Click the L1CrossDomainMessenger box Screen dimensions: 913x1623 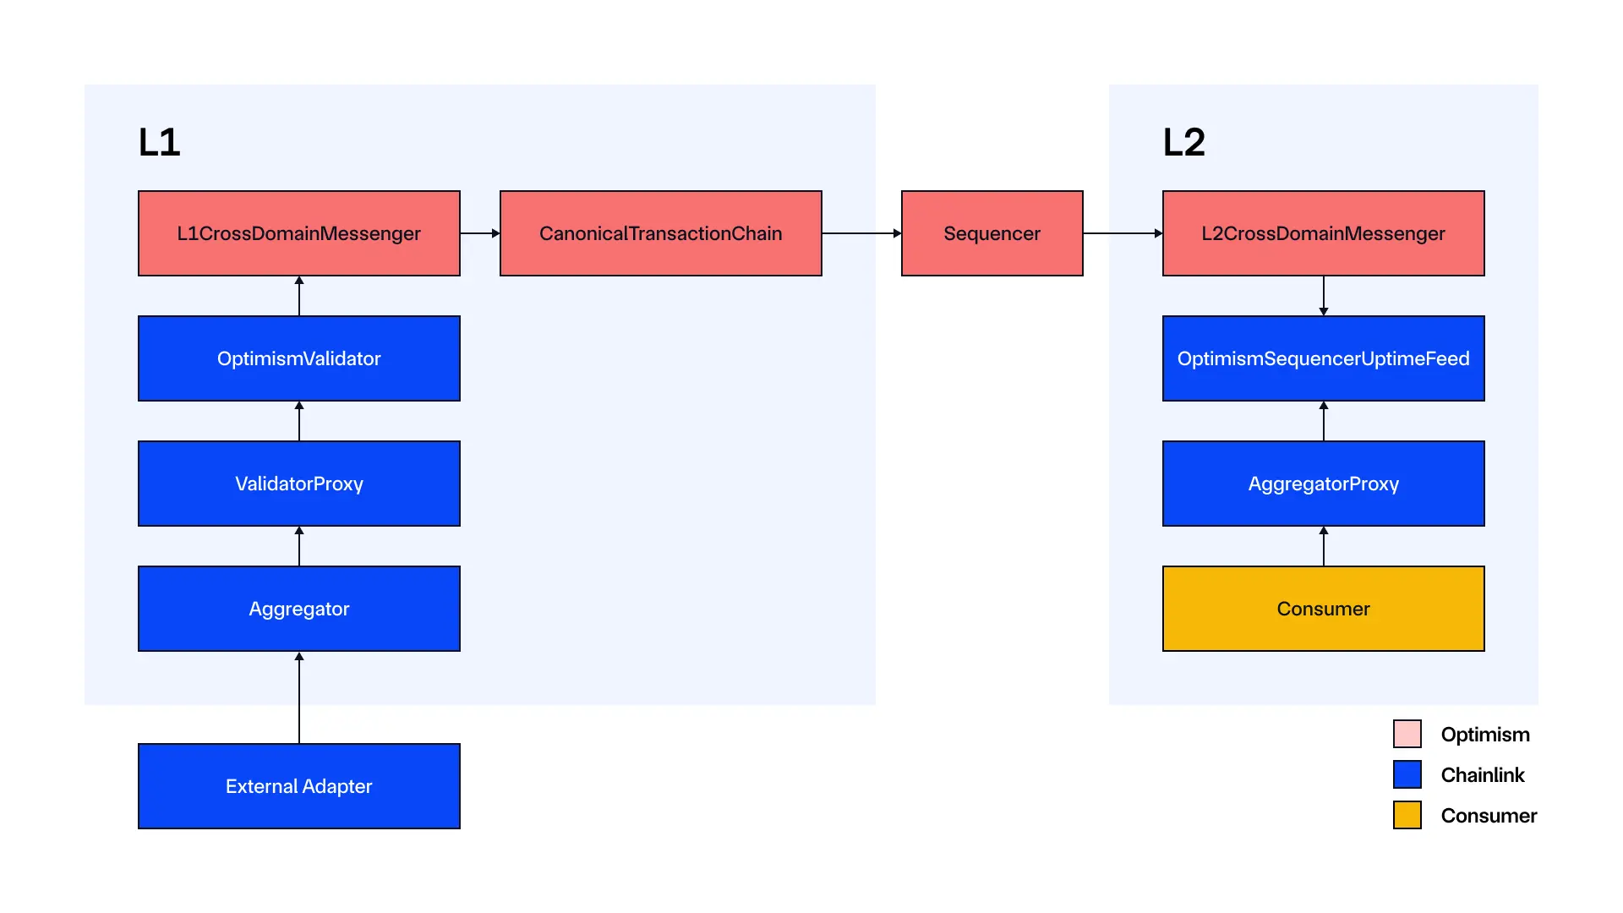299,233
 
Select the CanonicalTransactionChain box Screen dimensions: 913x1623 660,233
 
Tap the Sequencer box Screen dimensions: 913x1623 992,233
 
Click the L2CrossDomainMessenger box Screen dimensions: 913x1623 1323,233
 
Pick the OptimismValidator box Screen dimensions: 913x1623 299,358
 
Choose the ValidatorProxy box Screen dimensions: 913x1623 299,484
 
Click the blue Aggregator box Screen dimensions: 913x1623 299,609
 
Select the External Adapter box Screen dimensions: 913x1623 299,786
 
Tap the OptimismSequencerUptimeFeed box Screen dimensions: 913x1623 1323,358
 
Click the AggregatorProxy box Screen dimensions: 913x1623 1323,484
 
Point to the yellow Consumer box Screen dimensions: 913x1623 1323,609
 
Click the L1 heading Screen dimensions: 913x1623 160,142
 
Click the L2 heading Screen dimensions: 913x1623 1183,142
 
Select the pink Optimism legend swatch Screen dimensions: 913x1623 1407,734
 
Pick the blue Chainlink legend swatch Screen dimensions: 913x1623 1407,774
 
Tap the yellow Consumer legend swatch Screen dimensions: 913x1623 1407,815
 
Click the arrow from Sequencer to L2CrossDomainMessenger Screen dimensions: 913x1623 1123,233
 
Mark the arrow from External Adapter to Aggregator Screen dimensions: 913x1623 299,697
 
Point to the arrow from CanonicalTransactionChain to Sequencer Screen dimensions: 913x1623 861,233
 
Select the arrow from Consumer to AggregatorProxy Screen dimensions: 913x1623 1324,546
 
